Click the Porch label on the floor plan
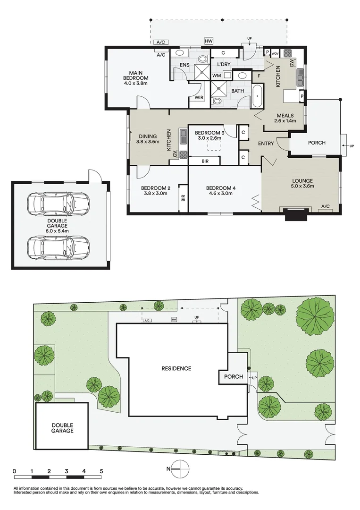(317, 142)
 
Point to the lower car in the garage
(58, 246)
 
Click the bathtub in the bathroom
(257, 96)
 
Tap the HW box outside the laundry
(208, 42)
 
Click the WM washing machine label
(217, 76)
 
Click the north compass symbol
(180, 469)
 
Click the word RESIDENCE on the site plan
(176, 368)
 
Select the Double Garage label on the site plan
(63, 428)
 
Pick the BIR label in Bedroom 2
(183, 196)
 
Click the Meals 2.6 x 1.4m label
(285, 118)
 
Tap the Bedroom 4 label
(221, 190)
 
